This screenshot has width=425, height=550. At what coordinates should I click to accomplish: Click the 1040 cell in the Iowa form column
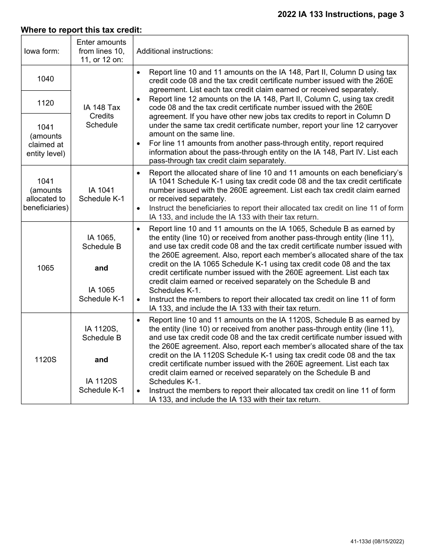point(46,79)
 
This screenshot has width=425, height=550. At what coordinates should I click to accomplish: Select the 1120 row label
point(46,103)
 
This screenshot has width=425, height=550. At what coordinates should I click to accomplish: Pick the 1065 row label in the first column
point(46,268)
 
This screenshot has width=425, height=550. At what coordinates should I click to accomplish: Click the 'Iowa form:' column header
point(42,51)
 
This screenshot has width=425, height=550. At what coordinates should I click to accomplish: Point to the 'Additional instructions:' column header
point(174,51)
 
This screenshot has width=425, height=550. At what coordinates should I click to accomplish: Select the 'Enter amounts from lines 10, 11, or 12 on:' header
point(102,51)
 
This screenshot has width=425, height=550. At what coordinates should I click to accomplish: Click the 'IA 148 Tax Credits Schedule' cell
point(102,116)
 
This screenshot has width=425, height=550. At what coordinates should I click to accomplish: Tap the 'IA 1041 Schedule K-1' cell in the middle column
point(102,195)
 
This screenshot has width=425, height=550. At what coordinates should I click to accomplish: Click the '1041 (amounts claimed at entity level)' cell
point(46,140)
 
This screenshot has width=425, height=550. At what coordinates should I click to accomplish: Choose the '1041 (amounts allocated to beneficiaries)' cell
point(46,195)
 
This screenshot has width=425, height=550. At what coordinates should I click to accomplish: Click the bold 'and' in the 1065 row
point(102,268)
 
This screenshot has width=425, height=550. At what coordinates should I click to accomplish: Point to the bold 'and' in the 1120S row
point(102,360)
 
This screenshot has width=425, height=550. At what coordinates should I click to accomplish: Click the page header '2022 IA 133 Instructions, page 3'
point(340,14)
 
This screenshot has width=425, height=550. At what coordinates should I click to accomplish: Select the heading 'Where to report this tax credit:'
point(81,30)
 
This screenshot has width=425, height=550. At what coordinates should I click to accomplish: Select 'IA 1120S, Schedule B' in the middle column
point(102,333)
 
